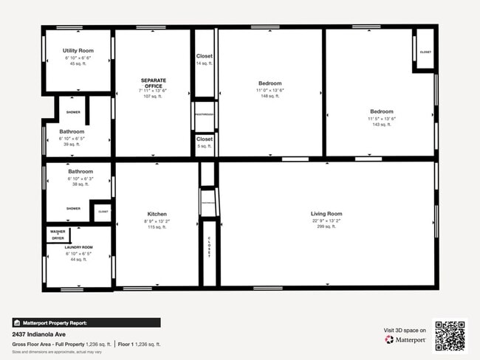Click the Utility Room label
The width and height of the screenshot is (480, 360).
[78, 50]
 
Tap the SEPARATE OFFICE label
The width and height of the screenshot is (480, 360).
[153, 83]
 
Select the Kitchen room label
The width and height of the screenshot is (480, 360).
[156, 214]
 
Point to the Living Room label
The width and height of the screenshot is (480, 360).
[326, 213]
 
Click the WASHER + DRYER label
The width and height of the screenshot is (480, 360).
[57, 234]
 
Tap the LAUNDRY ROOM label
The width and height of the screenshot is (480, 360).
[78, 247]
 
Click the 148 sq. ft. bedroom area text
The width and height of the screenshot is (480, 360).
[270, 96]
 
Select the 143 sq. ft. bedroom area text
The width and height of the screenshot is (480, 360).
[382, 124]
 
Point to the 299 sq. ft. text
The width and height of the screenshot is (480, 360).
[326, 226]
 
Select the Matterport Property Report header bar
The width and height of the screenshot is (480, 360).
[86, 322]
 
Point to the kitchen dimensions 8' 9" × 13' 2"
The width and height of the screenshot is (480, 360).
[156, 221]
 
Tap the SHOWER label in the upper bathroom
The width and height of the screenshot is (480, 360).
[73, 112]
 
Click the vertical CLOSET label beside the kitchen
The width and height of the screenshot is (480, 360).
[209, 246]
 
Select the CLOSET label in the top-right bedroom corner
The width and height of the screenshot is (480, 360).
[425, 52]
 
